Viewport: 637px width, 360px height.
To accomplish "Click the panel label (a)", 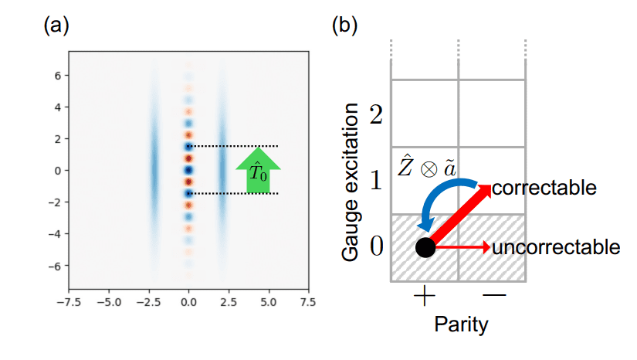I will pyautogui.click(x=57, y=25).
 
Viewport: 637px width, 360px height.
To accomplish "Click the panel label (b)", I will pyautogui.click(x=345, y=25).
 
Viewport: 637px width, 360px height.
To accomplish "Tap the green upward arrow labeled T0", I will pyautogui.click(x=258, y=171).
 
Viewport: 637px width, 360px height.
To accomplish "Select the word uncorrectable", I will pyautogui.click(x=556, y=247).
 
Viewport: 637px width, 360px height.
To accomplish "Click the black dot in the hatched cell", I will pyautogui.click(x=425, y=248).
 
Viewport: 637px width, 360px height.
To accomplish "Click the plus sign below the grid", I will pyautogui.click(x=425, y=297).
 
